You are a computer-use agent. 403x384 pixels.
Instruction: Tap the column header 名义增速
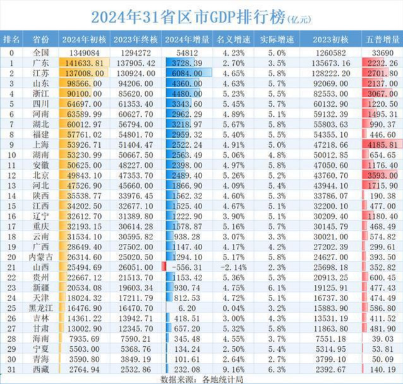pos(235,39)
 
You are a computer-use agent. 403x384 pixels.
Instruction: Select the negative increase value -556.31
pos(187,267)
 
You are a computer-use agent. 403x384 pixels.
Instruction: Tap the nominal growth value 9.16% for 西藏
pos(235,369)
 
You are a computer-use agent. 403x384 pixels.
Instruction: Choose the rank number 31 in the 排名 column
pos(11,369)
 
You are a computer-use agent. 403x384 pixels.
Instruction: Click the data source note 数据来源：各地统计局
pos(201,379)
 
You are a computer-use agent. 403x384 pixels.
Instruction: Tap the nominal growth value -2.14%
pos(235,267)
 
